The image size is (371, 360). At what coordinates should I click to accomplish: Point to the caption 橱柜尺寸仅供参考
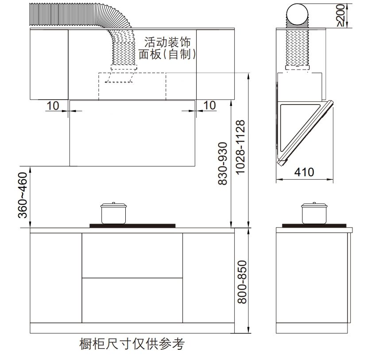pos(131,344)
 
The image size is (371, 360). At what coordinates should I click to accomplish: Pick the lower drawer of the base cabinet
pos(132,301)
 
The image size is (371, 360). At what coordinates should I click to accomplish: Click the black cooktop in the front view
pos(132,226)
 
